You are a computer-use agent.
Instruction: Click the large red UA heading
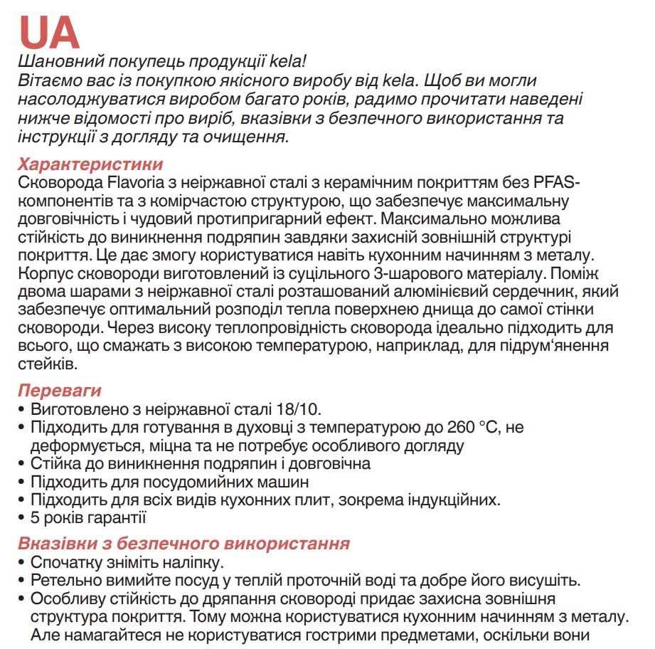click(48, 31)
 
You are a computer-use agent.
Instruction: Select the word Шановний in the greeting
click(51, 62)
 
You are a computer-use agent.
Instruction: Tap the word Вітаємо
click(46, 80)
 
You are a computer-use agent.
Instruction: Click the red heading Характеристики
click(90, 164)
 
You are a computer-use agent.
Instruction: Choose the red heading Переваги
click(60, 391)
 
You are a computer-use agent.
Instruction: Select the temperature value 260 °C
click(473, 428)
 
